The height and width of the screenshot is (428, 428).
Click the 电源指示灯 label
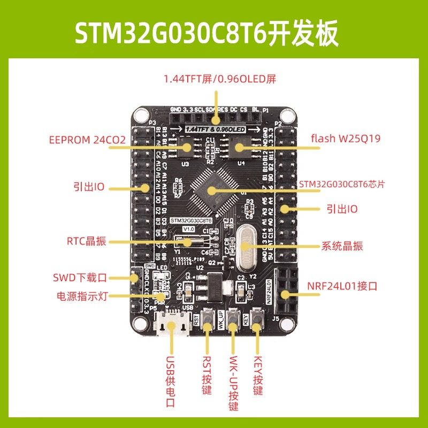pos(83,296)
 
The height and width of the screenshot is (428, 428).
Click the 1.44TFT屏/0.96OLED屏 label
pos(219,80)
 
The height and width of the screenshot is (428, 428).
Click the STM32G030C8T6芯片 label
pos(343,184)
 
